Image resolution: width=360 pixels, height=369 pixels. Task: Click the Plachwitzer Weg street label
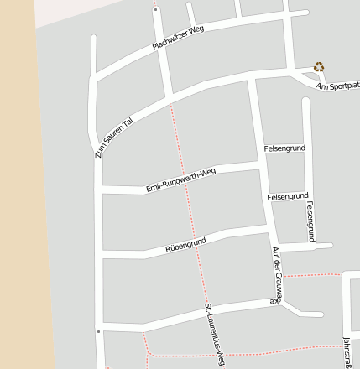179,38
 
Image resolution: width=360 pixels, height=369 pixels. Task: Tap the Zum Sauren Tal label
114,135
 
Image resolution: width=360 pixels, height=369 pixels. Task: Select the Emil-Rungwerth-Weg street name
180,179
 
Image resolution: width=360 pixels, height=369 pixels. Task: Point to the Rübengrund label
185,246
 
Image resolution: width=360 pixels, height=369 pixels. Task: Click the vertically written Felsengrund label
310,221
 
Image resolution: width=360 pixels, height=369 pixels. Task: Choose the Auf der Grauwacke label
277,274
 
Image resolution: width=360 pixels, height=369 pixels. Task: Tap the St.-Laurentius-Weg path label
215,335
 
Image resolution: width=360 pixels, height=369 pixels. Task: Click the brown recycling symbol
319,66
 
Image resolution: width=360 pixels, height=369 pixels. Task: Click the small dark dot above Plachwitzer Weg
154,10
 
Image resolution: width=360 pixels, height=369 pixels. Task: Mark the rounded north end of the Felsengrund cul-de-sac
307,101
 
